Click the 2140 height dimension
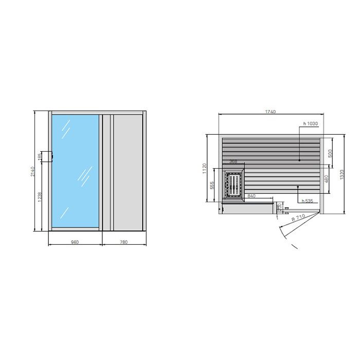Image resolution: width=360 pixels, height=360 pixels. click(x=32, y=171)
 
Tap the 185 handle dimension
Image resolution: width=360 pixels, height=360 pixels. click(x=40, y=156)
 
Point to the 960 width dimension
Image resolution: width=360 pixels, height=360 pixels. click(x=75, y=242)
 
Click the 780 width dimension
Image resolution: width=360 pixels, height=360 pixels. click(x=123, y=242)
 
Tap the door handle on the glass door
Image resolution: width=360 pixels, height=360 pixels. click(x=50, y=156)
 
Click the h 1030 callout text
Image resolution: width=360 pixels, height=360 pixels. click(x=311, y=123)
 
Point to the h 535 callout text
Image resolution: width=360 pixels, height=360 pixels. click(x=308, y=201)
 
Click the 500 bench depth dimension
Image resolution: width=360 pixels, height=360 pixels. click(x=330, y=152)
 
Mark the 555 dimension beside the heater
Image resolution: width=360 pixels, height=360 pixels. click(x=212, y=185)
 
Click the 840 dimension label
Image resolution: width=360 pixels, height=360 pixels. click(x=251, y=196)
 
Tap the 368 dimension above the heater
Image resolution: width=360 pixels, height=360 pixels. click(x=233, y=161)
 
